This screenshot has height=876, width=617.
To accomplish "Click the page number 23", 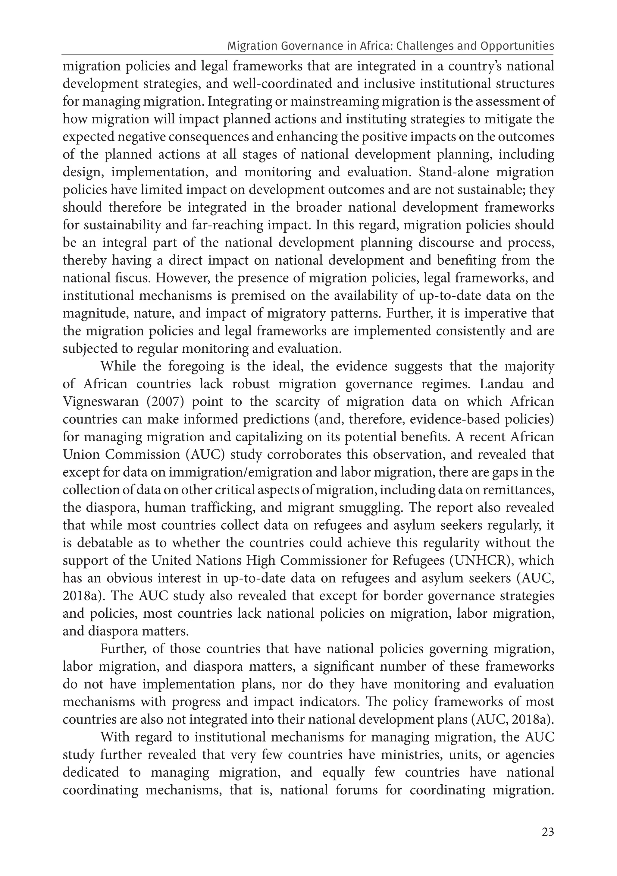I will coord(548,832).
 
